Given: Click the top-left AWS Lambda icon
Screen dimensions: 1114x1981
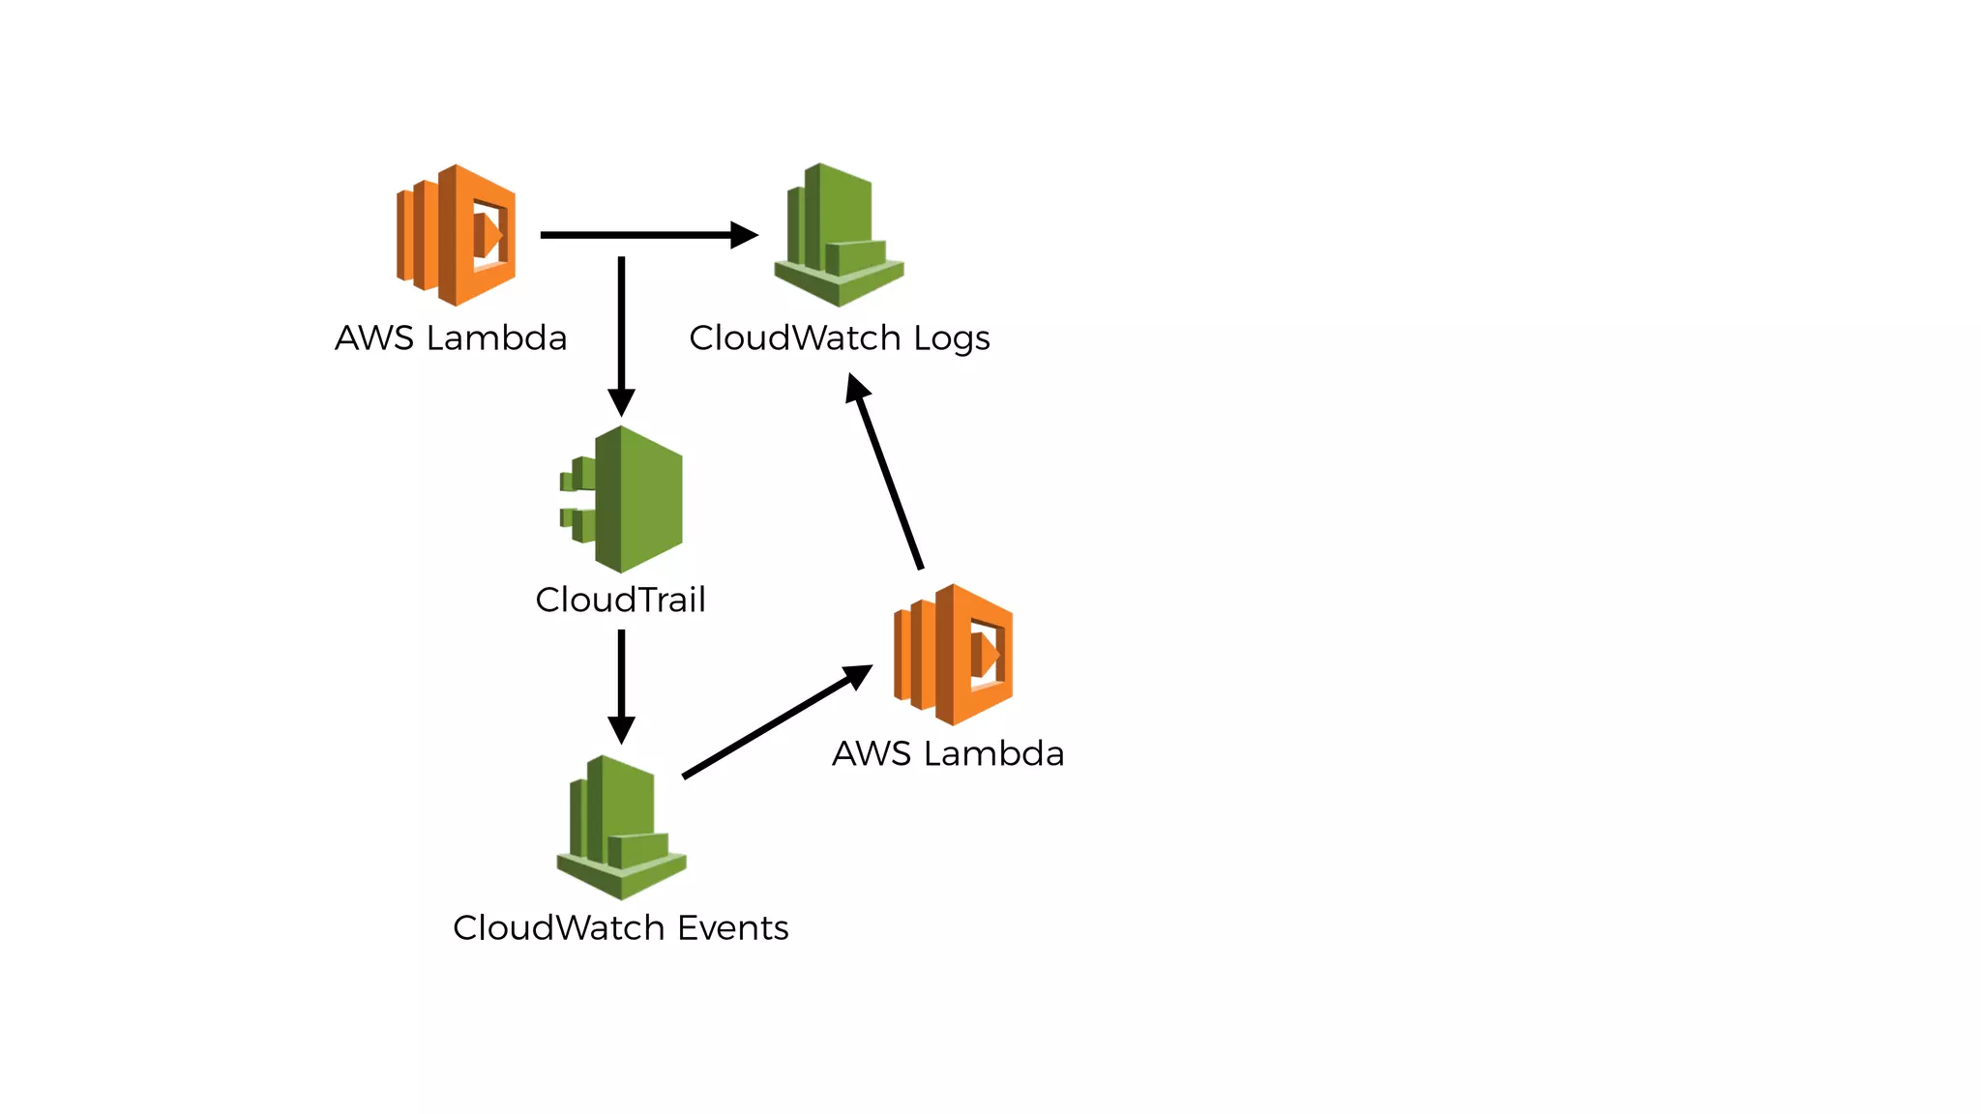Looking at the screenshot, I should (457, 235).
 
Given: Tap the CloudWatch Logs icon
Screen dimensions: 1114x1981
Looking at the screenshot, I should (839, 235).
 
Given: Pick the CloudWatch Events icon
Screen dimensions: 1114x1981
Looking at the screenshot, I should (621, 828).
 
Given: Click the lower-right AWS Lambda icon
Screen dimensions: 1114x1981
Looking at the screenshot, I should (955, 655).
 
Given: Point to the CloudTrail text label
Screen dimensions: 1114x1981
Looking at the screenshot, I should (620, 600).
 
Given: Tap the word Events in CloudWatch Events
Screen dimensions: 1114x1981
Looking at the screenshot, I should (733, 928).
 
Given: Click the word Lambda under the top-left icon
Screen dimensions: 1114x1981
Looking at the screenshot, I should (496, 338).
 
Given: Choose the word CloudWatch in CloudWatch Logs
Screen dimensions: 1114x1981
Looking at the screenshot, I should (795, 338).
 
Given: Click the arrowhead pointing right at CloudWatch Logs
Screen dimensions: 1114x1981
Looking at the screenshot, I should (743, 235).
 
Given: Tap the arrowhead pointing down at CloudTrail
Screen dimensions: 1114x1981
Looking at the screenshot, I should (621, 401).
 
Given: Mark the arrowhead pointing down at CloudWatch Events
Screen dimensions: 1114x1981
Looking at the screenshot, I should (621, 729).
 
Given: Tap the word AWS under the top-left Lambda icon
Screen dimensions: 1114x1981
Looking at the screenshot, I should (374, 338).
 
